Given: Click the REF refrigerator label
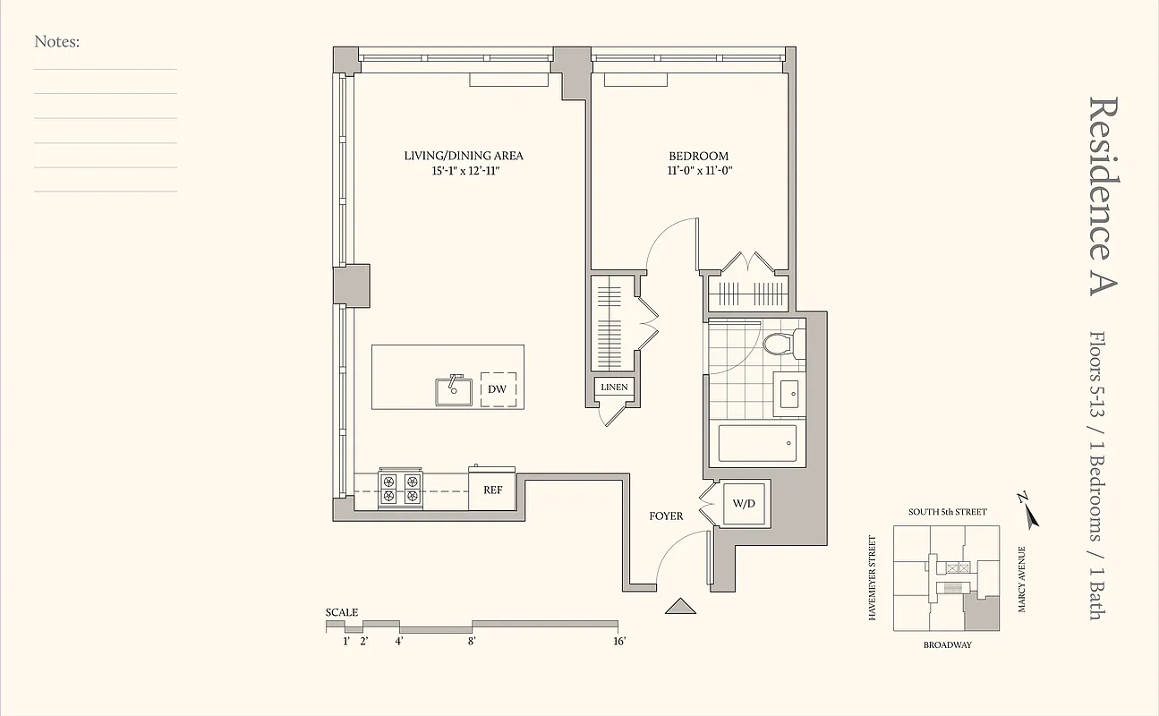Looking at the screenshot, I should click(x=492, y=490).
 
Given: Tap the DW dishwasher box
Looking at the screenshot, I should click(x=497, y=389).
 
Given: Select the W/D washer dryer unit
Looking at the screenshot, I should click(x=745, y=504).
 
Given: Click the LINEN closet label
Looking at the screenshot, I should click(x=614, y=388).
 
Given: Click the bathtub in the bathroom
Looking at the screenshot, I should click(x=757, y=444).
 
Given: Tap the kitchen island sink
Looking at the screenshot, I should click(x=454, y=390).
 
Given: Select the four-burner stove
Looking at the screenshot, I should click(x=400, y=487).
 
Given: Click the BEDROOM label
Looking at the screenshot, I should click(x=698, y=156).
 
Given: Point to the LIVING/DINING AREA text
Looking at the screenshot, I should click(x=463, y=156).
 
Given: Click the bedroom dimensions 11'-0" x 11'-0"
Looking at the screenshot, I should click(x=698, y=170).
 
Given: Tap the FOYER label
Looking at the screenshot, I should click(x=666, y=516).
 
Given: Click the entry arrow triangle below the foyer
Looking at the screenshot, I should click(x=680, y=607).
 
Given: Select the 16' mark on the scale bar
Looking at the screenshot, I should click(x=618, y=641).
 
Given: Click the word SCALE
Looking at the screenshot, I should click(x=342, y=612).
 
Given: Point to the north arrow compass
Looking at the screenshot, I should click(x=1027, y=509).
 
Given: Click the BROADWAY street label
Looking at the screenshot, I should click(x=947, y=644).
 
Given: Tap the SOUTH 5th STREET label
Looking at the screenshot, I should click(x=947, y=512).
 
